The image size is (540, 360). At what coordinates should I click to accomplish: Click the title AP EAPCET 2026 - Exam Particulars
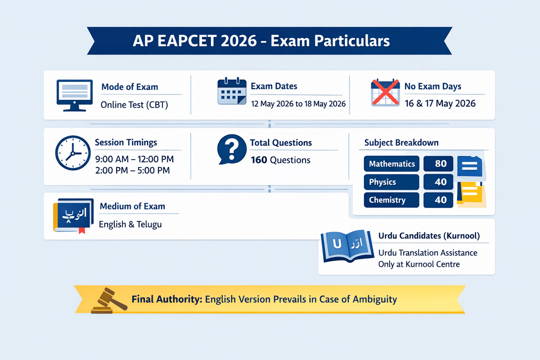261,41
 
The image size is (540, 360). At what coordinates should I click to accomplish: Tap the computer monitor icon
72,95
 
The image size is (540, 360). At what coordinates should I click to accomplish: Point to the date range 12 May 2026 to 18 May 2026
298,104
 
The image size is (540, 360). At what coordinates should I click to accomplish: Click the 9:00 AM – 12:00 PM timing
134,159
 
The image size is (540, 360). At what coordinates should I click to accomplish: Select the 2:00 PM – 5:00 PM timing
132,171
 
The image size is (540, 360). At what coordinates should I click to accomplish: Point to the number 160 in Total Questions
259,160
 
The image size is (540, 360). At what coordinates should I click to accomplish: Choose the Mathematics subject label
391,164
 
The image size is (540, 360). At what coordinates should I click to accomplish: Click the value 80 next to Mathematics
441,164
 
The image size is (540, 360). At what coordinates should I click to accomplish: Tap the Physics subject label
382,182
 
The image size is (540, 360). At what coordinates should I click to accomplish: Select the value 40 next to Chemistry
441,200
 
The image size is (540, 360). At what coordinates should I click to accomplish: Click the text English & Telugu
130,224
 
